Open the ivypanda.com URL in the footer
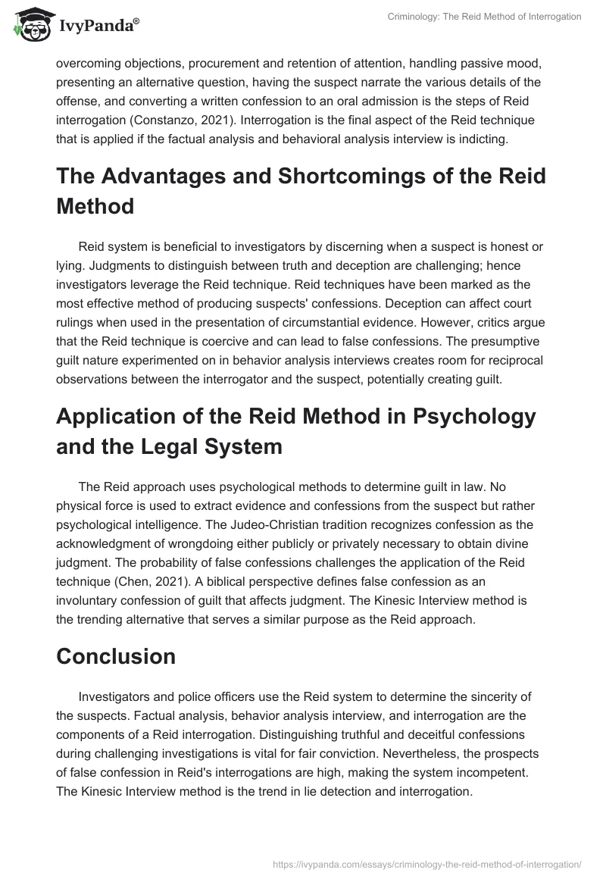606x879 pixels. (426, 863)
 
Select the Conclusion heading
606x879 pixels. (116, 655)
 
